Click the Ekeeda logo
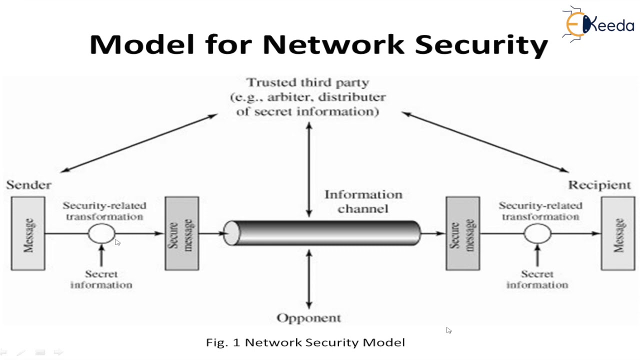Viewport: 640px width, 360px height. pos(597,23)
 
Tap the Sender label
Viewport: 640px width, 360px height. pos(28,185)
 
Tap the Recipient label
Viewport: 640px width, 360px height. pos(599,185)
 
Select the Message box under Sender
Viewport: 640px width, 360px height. pos(28,233)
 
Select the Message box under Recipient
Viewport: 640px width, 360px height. pos(617,233)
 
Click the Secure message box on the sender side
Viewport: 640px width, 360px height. pos(182,233)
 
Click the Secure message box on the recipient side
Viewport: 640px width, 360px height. pos(462,233)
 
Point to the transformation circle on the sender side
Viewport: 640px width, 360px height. pos(101,233)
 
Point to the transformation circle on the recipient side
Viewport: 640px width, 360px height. pos(537,233)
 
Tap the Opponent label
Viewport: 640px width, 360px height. pos(308,318)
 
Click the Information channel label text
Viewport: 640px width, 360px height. pos(363,201)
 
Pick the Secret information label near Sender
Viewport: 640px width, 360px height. pos(101,279)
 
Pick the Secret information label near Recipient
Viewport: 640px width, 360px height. pos(537,279)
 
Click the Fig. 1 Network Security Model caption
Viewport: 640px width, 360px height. pos(305,342)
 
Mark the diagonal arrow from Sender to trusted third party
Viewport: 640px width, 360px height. pos(139,143)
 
